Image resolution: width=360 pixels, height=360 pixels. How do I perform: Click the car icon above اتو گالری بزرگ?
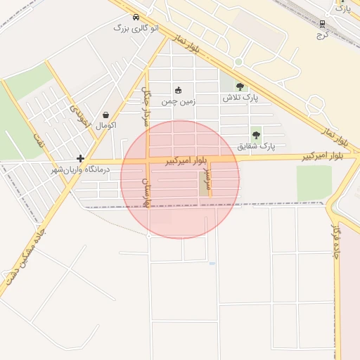tap(135, 18)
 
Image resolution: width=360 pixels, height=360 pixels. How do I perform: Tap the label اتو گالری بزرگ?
tap(136, 28)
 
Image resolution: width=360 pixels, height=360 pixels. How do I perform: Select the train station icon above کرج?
tap(323, 21)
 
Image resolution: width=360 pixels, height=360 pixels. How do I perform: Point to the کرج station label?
tap(323, 33)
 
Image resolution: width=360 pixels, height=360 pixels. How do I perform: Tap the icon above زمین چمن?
tap(178, 90)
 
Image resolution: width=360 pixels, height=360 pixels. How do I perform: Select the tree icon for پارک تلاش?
tap(240, 87)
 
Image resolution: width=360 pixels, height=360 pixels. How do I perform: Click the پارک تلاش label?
tap(240, 98)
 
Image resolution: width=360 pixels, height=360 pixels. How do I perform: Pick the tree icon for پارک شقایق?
tap(256, 134)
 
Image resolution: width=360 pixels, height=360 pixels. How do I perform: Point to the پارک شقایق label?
tap(256, 146)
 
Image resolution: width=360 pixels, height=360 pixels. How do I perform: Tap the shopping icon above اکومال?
tap(105, 115)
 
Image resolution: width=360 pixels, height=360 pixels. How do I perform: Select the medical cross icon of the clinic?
tap(81, 159)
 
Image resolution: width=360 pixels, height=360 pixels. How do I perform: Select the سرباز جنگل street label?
tap(146, 105)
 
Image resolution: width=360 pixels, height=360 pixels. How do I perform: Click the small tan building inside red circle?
tap(204, 186)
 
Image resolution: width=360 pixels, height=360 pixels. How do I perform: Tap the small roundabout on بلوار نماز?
tap(238, 62)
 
